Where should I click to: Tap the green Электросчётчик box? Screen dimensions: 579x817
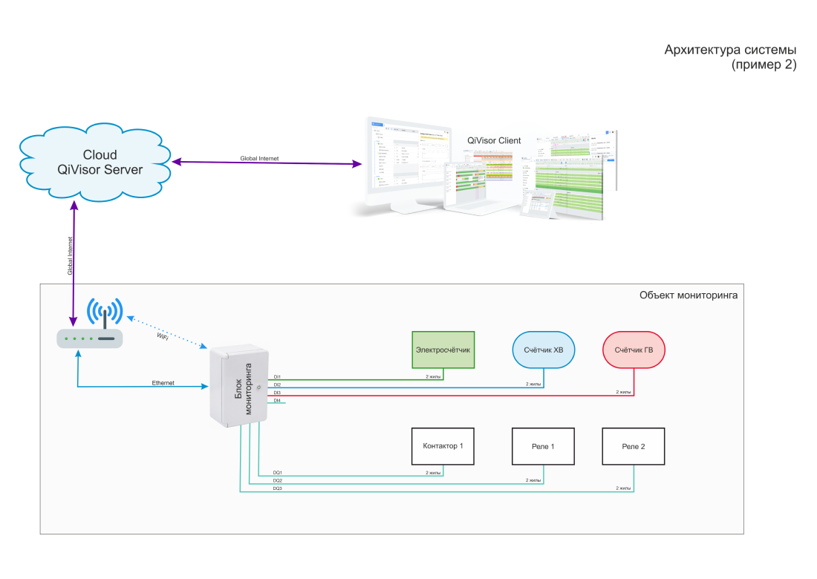pyautogui.click(x=443, y=349)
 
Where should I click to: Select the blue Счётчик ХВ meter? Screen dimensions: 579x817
pyautogui.click(x=544, y=349)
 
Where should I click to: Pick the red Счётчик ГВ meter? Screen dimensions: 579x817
pyautogui.click(x=634, y=349)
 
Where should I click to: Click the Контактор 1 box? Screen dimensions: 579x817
pyautogui.click(x=443, y=446)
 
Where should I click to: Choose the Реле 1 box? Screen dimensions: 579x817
pyautogui.click(x=543, y=446)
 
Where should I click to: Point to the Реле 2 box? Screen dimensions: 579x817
pyautogui.click(x=634, y=446)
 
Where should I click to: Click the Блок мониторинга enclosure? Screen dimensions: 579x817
pyautogui.click(x=239, y=387)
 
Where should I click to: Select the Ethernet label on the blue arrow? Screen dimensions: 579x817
pyautogui.click(x=163, y=383)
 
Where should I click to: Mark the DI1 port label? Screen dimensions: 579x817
pyautogui.click(x=277, y=377)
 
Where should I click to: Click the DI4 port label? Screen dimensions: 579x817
pyautogui.click(x=277, y=400)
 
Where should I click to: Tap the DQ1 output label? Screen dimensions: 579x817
pyautogui.click(x=277, y=472)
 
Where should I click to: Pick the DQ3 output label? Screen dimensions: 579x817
pyautogui.click(x=277, y=488)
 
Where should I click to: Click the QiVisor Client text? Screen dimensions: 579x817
pyautogui.click(x=494, y=140)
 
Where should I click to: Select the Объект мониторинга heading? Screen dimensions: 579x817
pyautogui.click(x=688, y=295)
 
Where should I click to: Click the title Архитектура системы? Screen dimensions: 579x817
pyautogui.click(x=730, y=50)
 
